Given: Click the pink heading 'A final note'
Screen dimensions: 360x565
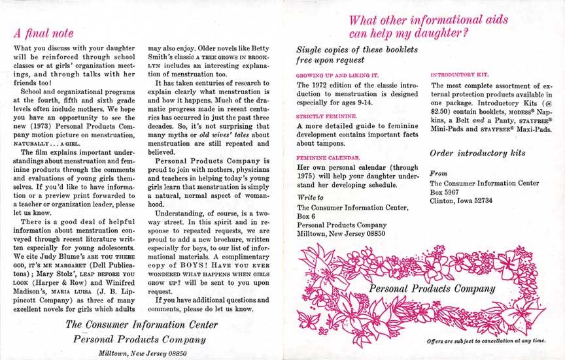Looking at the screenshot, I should pos(44,33).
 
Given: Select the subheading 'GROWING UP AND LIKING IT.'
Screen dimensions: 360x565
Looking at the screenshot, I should pos(337,75).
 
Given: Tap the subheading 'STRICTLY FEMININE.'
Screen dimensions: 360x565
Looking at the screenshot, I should pos(327,116).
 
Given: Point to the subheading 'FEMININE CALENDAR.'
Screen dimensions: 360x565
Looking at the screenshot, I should pos(328,157).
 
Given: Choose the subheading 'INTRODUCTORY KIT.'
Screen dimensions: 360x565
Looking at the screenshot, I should pos(459,75).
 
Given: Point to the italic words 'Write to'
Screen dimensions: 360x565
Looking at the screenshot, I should pos(311,197).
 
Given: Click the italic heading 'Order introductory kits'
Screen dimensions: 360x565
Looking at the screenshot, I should pos(477,154).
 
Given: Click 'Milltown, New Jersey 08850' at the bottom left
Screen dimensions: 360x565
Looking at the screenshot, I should pos(139,352).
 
